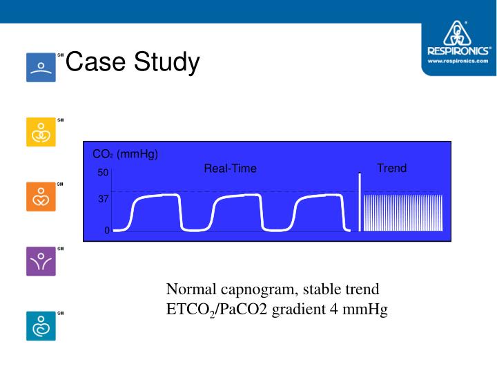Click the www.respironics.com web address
coord(458,61)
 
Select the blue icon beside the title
coord(41,67)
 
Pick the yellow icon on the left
coord(41,131)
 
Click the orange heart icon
coord(41,196)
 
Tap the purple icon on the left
coord(41,261)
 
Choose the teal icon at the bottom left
coord(41,326)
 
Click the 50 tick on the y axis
coord(102,173)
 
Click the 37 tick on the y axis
coord(102,199)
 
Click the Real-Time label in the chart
coord(230,169)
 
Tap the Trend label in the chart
coord(391,168)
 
